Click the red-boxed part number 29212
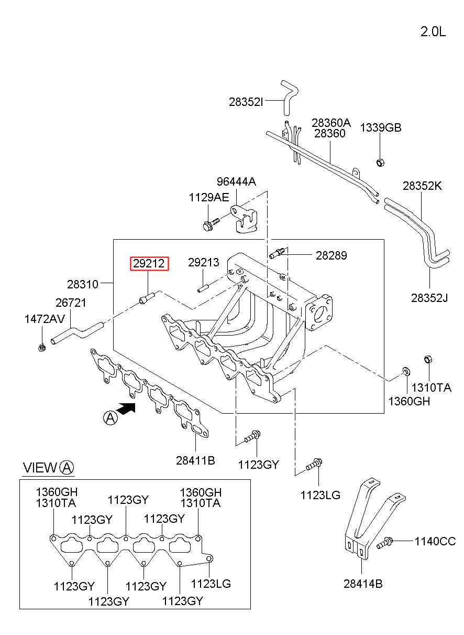point(149,264)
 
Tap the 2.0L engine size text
point(433,32)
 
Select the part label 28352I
point(246,102)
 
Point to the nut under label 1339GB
point(380,163)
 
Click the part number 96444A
point(236,181)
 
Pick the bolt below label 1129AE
point(211,224)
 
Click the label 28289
point(331,255)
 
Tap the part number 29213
point(204,263)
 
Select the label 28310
point(83,284)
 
